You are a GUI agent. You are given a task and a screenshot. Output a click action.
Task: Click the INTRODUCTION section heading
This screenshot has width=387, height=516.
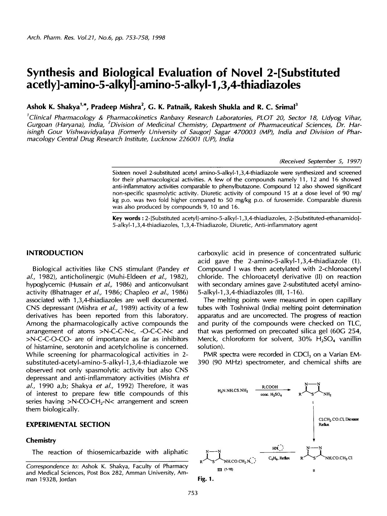coord(55,253)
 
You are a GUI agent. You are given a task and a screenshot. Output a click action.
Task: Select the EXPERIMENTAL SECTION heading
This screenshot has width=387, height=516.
coord(68,424)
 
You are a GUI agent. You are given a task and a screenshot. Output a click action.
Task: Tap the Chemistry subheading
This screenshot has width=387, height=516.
coord(41,440)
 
